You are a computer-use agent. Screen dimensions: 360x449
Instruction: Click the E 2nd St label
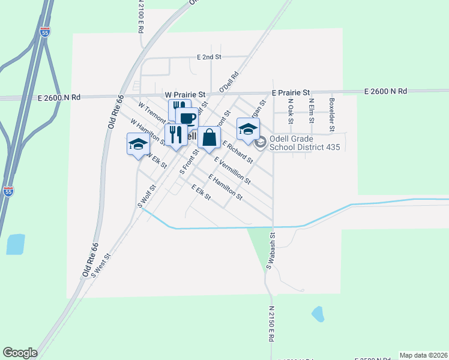209,57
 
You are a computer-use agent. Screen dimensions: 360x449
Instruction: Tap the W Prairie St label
185,95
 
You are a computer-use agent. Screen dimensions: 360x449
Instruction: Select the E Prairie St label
291,93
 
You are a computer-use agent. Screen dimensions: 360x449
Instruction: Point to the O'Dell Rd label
229,82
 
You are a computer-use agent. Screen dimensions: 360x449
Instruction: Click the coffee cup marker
187,117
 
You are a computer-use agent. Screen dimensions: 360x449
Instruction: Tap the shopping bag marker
209,137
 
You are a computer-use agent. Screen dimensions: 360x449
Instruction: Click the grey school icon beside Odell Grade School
261,142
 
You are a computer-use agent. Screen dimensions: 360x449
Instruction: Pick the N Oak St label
290,112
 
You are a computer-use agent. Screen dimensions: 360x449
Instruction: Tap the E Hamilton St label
225,187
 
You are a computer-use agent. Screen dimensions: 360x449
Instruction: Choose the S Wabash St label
271,251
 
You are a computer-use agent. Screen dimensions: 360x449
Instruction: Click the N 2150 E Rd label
271,325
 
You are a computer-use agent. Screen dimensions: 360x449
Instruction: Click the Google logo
20,353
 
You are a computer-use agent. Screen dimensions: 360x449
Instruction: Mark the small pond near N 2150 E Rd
317,313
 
